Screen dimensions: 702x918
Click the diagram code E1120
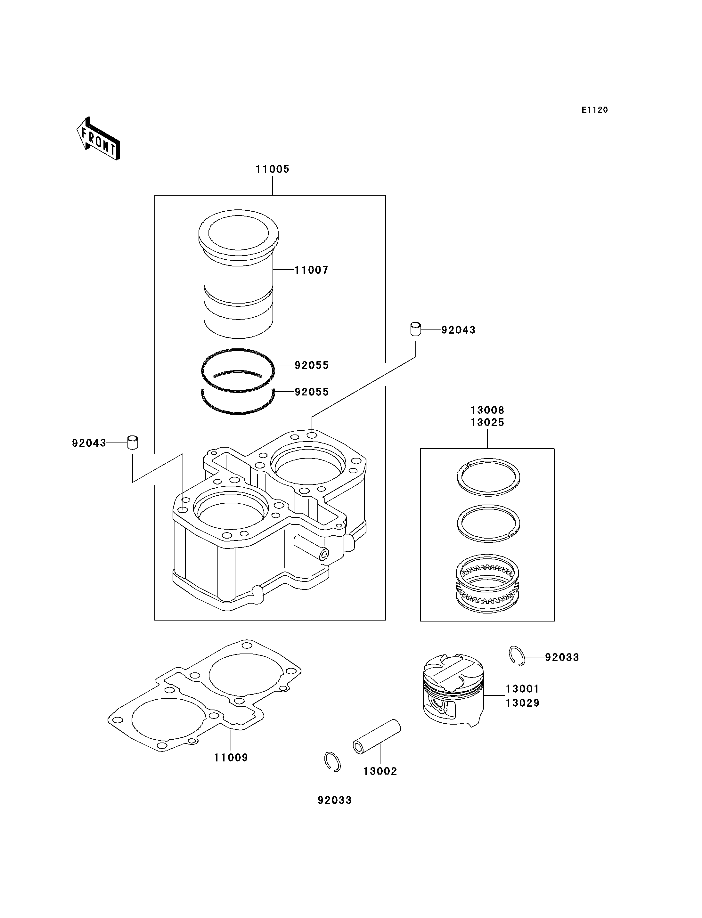click(x=595, y=110)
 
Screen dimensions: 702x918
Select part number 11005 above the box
click(x=273, y=169)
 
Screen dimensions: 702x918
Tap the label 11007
click(x=311, y=270)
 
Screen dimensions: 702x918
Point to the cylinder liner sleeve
click(x=238, y=274)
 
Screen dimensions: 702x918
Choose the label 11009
click(x=231, y=758)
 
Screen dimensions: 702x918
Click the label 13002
click(x=380, y=771)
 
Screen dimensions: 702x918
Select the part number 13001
click(x=522, y=689)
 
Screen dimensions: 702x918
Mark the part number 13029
click(x=522, y=703)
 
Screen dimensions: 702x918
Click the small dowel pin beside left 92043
click(x=133, y=443)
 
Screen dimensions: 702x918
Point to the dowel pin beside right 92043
click(x=415, y=329)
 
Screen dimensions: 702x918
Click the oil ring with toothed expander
click(x=488, y=584)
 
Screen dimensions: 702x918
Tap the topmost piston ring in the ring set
click(x=488, y=477)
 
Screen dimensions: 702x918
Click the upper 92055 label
click(x=312, y=366)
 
